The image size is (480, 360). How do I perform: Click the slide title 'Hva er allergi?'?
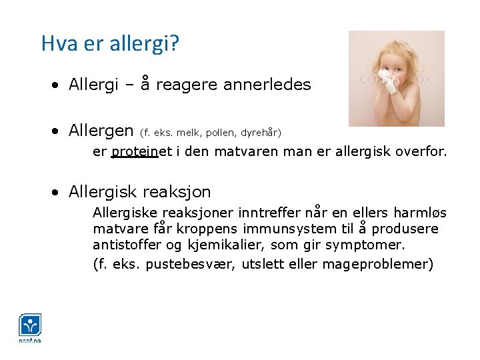(x=110, y=44)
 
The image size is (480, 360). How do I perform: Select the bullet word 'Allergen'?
(x=100, y=130)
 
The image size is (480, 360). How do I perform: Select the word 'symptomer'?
(x=371, y=245)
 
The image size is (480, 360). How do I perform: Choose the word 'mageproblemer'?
(x=377, y=264)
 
